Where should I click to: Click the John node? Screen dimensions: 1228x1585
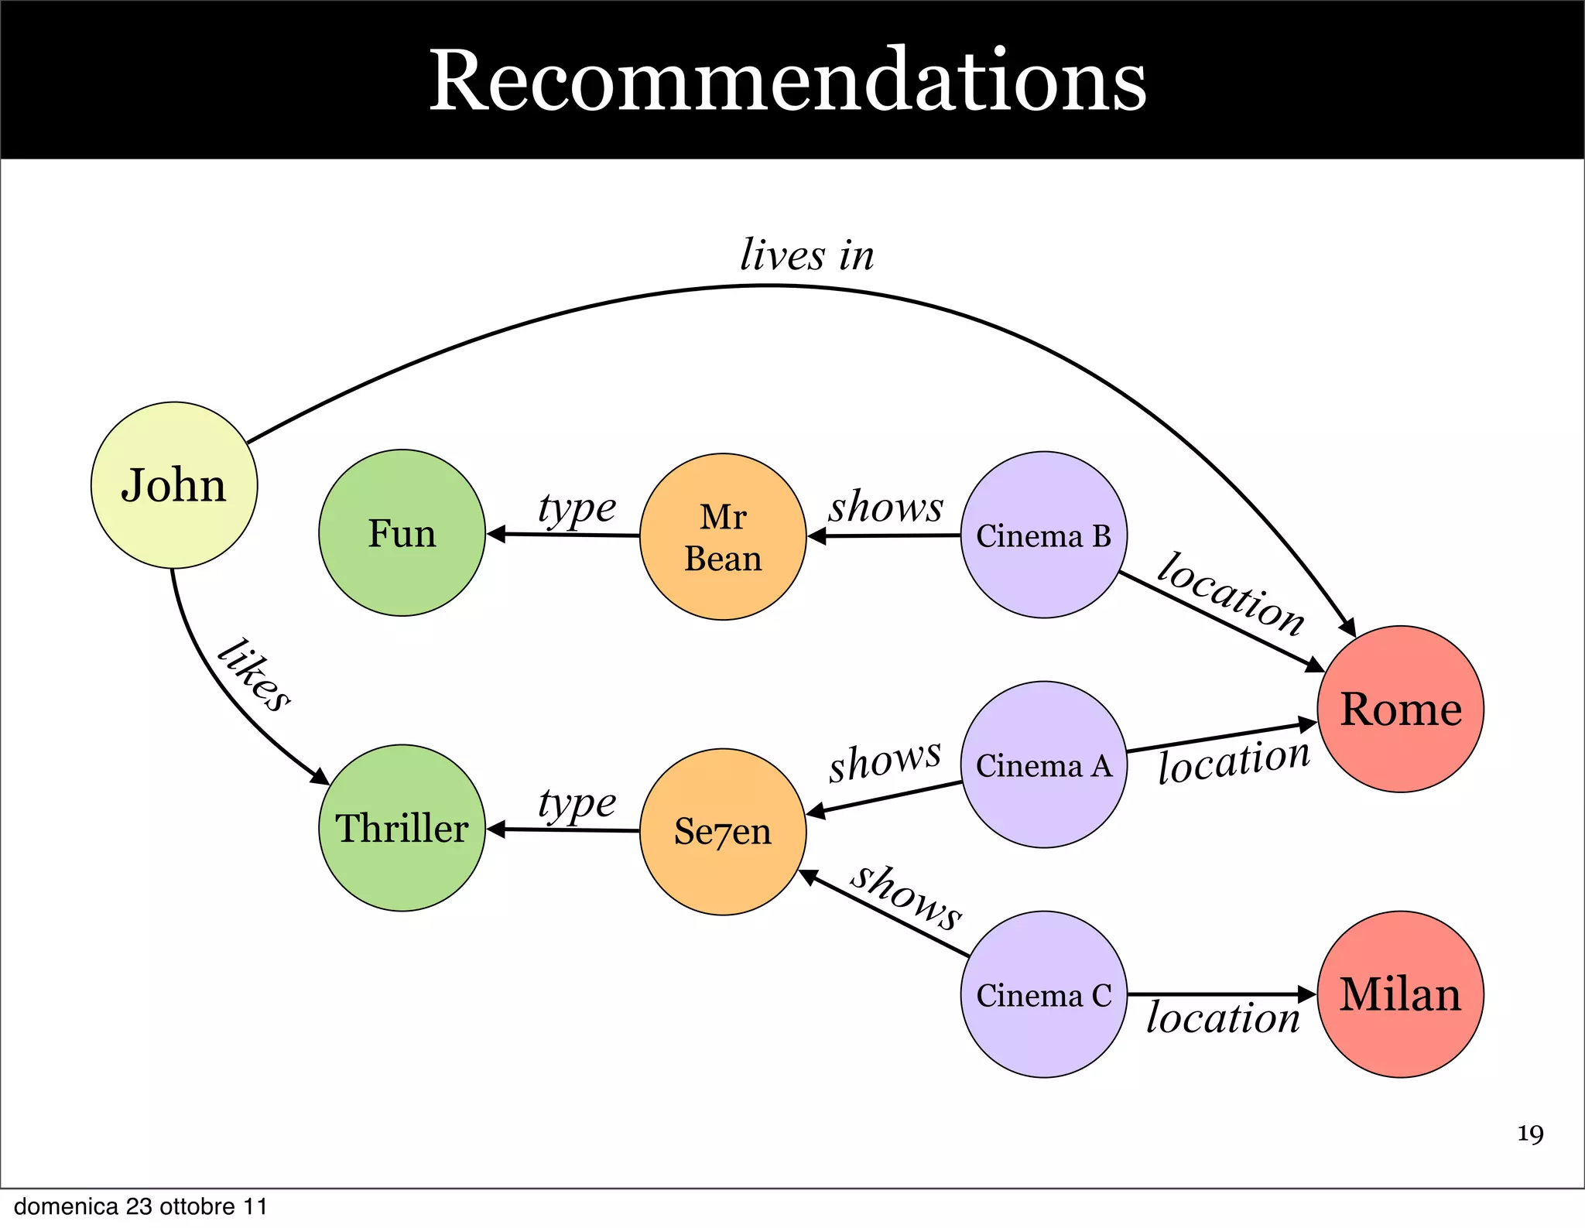click(x=174, y=485)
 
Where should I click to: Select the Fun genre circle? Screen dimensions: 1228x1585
click(x=402, y=533)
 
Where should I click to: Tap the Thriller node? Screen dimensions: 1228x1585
click(x=402, y=828)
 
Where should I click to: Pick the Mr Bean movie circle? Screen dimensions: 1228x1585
click(x=723, y=537)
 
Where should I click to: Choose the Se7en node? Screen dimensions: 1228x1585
click(x=723, y=832)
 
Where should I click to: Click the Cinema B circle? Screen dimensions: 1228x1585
click(x=1043, y=535)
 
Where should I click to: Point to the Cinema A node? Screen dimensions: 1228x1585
click(x=1043, y=765)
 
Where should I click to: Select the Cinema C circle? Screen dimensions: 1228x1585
click(x=1043, y=994)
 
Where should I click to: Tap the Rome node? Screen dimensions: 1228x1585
click(x=1400, y=709)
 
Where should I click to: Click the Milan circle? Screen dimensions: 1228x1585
click(x=1400, y=994)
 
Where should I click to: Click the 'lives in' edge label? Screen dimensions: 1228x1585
click(x=806, y=255)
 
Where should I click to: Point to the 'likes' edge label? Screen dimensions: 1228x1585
click(x=254, y=675)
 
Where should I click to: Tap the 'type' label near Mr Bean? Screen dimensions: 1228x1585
click(x=577, y=508)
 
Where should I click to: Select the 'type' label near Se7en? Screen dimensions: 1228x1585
click(x=577, y=803)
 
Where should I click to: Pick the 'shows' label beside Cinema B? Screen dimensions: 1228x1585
click(x=886, y=507)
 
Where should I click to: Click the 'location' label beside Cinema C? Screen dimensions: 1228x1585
click(x=1223, y=1018)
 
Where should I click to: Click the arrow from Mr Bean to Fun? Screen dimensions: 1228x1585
click(x=563, y=535)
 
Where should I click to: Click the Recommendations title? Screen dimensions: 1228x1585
click(x=787, y=80)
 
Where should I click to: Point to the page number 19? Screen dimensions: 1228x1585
click(x=1530, y=1134)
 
